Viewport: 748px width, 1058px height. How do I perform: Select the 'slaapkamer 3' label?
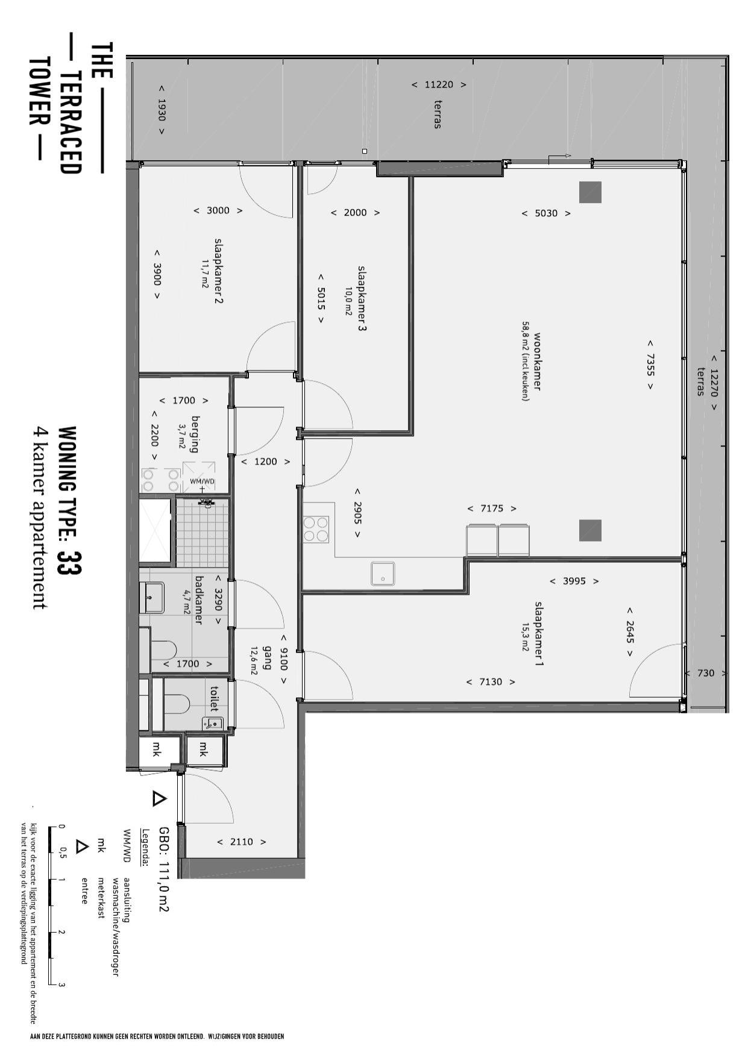(362, 298)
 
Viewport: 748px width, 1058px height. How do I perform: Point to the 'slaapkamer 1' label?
(539, 633)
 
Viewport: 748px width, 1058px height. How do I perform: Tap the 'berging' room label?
(195, 433)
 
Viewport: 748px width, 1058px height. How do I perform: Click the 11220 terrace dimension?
(439, 85)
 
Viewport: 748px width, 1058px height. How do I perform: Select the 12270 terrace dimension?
(714, 382)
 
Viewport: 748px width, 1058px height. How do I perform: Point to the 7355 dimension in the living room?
(650, 364)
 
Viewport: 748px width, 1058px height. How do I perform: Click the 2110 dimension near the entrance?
(241, 842)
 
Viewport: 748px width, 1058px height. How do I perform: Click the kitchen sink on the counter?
(382, 573)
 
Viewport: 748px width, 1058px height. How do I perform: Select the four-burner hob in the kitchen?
(316, 529)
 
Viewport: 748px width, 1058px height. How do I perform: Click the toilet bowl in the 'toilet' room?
(177, 703)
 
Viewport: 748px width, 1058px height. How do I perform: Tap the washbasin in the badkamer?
(152, 597)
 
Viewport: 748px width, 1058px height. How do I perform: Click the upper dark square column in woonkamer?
(590, 192)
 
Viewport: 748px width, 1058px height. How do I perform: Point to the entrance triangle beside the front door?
(159, 799)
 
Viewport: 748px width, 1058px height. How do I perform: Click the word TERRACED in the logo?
(71, 123)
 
